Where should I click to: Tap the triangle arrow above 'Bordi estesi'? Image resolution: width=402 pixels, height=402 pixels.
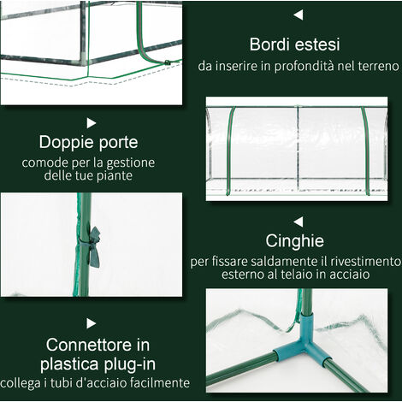click(x=298, y=15)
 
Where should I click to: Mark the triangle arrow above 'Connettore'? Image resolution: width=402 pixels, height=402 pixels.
click(x=92, y=322)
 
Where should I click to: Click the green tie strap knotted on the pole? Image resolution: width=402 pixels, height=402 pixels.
click(x=91, y=244)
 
